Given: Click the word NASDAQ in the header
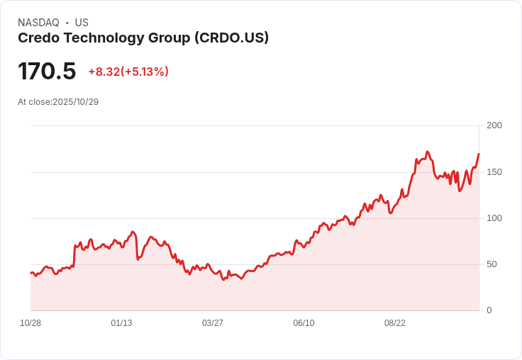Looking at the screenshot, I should click(x=38, y=23).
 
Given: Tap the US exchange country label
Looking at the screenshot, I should click(x=82, y=23).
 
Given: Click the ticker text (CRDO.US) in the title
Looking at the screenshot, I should click(x=231, y=38).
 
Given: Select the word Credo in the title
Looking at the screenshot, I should click(x=37, y=38).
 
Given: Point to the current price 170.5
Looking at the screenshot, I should click(x=47, y=72).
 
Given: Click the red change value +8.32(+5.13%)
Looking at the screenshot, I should click(x=128, y=72).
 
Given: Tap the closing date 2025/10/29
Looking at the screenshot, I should click(x=76, y=102).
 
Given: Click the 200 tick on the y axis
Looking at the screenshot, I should click(x=494, y=125).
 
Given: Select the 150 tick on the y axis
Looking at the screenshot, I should click(x=494, y=172).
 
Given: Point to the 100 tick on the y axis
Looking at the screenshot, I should click(x=494, y=218).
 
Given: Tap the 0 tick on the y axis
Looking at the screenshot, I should click(x=489, y=310).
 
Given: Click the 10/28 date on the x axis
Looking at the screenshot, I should click(x=30, y=323).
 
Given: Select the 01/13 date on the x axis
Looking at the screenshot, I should click(x=121, y=323).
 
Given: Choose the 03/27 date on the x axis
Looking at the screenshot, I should click(x=213, y=323).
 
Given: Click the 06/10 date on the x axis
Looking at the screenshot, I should click(x=304, y=323).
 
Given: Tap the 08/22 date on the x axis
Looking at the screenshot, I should click(x=395, y=323).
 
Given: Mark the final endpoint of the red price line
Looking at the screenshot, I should click(x=479, y=154).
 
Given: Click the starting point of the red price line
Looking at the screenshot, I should click(x=30, y=273).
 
